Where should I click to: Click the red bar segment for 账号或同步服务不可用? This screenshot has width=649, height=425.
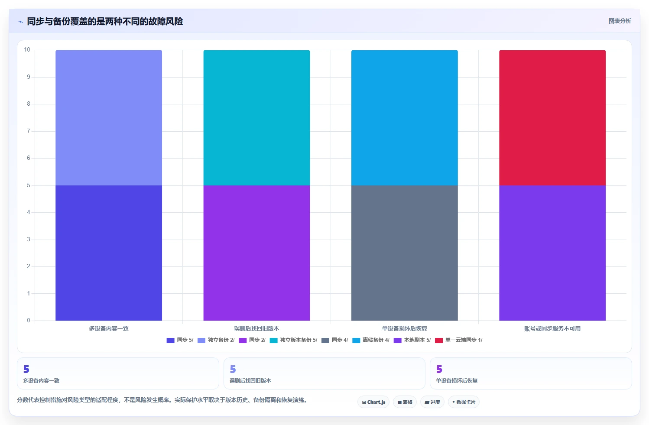tap(552, 117)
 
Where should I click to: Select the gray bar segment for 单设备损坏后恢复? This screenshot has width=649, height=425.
tap(405, 253)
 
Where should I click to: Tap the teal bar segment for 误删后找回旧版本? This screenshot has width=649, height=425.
tap(256, 117)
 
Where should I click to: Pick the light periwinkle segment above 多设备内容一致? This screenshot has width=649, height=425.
tap(109, 117)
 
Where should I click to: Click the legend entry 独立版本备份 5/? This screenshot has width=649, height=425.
tap(293, 340)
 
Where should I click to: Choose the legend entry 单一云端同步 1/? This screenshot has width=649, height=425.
tap(459, 340)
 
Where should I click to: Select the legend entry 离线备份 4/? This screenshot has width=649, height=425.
tap(370, 340)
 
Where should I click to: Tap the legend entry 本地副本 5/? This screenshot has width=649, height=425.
tap(412, 340)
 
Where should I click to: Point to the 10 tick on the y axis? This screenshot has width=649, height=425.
tap(27, 50)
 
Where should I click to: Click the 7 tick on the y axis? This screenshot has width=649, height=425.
tap(29, 131)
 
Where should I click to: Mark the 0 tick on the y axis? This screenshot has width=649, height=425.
tap(29, 321)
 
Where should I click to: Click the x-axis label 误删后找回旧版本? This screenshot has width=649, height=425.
tap(256, 328)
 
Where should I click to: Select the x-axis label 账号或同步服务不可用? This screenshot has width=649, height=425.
tap(552, 328)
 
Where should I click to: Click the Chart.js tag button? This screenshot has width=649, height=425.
tap(373, 402)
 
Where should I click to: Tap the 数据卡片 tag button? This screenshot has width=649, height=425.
tap(464, 402)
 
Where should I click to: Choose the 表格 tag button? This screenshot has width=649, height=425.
tap(405, 402)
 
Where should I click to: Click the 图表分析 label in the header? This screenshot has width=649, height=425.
tap(620, 21)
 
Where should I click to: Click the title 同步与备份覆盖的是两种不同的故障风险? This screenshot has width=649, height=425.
tap(105, 21)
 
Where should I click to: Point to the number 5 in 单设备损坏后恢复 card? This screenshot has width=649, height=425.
tap(439, 369)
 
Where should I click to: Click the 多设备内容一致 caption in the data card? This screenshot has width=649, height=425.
tap(41, 381)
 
